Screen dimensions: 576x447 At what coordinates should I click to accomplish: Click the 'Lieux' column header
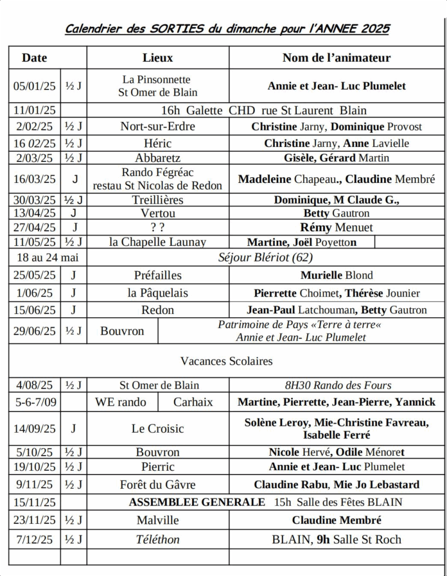[x=158, y=57]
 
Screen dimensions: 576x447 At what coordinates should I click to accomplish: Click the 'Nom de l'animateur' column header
[x=336, y=57]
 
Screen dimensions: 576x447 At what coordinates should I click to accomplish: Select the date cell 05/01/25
[x=35, y=86]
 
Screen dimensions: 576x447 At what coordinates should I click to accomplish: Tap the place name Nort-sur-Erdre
[x=158, y=127]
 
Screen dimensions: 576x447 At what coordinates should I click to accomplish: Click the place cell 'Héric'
[x=158, y=143]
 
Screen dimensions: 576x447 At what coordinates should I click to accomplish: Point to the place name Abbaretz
[x=158, y=158]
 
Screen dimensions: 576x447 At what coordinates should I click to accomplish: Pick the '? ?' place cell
[x=158, y=228]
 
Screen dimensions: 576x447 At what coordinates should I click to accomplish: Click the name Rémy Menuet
[x=336, y=228]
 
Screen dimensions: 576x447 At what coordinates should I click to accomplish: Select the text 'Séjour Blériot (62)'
[x=265, y=258]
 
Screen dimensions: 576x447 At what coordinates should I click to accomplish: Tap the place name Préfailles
[x=158, y=275]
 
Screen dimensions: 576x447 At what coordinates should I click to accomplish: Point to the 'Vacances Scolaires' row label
[x=226, y=361]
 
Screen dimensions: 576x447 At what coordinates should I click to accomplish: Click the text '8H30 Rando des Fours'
[x=338, y=385]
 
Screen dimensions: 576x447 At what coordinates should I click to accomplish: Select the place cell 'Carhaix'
[x=193, y=402]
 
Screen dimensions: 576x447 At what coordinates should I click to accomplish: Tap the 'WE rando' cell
[x=121, y=402]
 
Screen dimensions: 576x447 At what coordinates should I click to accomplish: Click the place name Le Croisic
[x=158, y=429]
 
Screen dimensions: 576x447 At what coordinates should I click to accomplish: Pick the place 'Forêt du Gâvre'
[x=158, y=484]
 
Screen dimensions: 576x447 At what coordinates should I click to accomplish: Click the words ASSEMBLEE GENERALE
[x=197, y=502]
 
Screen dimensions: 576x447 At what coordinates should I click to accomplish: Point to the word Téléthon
[x=158, y=539]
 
